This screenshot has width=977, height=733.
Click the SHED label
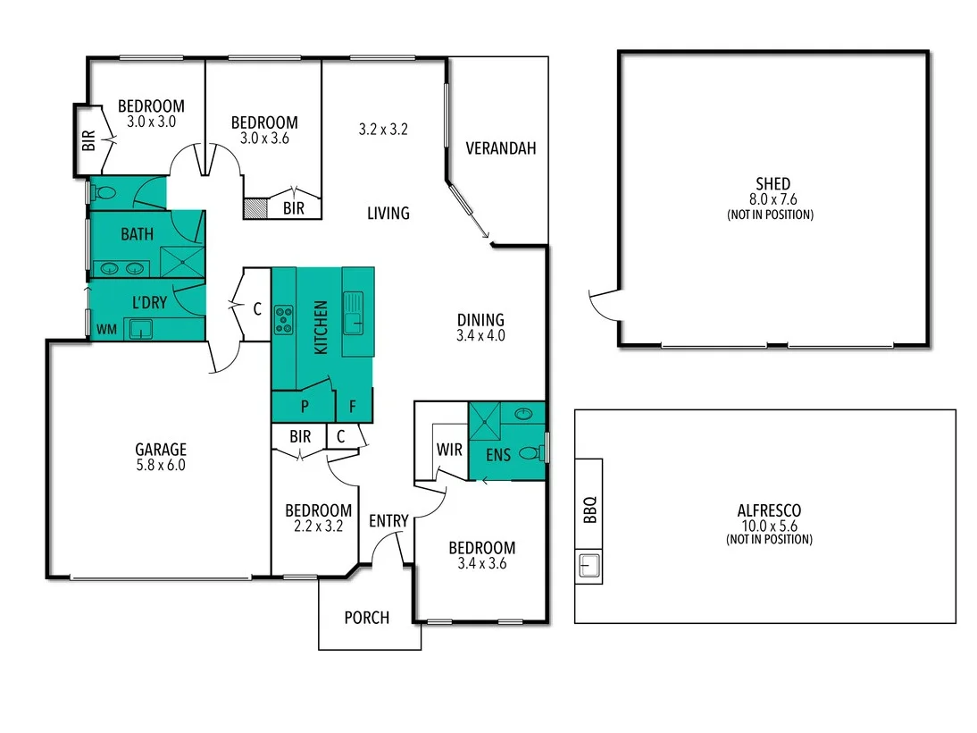coord(772,184)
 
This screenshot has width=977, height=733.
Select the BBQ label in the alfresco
coord(589,510)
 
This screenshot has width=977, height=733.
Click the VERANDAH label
coord(501,148)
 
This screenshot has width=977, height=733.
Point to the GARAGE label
coord(161,450)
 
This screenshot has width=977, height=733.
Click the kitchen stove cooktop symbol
coord(284,319)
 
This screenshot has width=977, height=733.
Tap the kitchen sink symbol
coord(354,313)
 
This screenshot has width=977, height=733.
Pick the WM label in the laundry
coord(106,330)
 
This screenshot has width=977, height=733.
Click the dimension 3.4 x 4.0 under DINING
coord(481,336)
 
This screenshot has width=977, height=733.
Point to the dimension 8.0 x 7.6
coord(772,200)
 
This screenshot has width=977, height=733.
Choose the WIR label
coord(449,450)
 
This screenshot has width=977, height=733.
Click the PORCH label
coord(367,617)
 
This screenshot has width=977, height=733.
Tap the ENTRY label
coord(388,520)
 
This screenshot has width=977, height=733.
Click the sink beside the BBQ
coord(589,565)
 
